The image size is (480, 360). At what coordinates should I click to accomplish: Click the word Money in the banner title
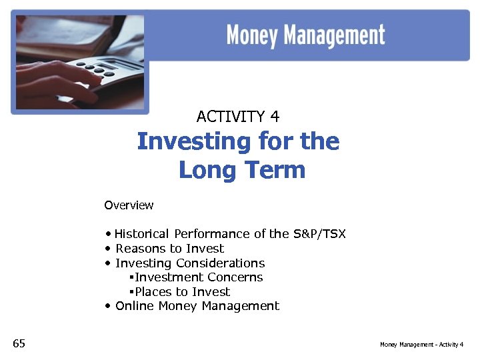(x=252, y=35)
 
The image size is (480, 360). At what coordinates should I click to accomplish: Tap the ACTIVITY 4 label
(x=238, y=117)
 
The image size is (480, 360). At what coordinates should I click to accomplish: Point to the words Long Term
(x=242, y=170)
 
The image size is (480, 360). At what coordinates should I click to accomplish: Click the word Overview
(x=129, y=205)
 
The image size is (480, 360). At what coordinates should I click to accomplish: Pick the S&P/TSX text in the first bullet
(x=319, y=234)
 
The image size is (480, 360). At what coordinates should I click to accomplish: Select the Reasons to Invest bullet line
(x=169, y=249)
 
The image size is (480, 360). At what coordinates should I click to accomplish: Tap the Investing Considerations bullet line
(x=190, y=263)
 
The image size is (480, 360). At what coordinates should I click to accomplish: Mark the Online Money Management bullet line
(x=197, y=306)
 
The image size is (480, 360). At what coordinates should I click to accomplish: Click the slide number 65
(x=19, y=343)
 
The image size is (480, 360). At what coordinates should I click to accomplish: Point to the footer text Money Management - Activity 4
(x=421, y=345)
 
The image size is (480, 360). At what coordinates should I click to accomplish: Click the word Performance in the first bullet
(x=211, y=234)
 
